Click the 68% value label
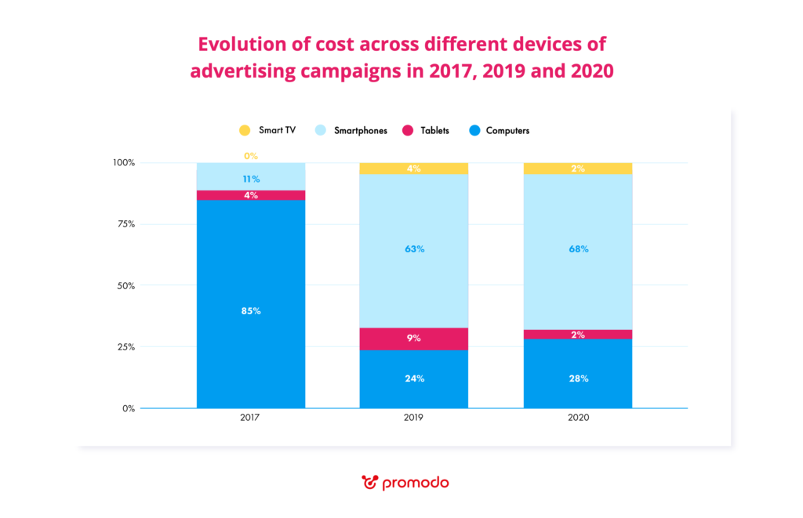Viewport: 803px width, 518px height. tap(578, 249)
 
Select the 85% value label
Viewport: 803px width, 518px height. tap(251, 310)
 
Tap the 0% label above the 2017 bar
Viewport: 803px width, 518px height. tap(251, 157)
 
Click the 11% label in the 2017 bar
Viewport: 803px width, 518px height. tap(251, 179)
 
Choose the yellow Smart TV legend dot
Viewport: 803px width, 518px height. tap(245, 130)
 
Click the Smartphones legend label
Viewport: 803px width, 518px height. tap(361, 131)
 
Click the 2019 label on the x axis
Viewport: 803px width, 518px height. tap(414, 418)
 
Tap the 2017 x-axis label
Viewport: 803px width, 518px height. tap(251, 418)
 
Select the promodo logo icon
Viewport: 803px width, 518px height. tap(369, 482)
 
